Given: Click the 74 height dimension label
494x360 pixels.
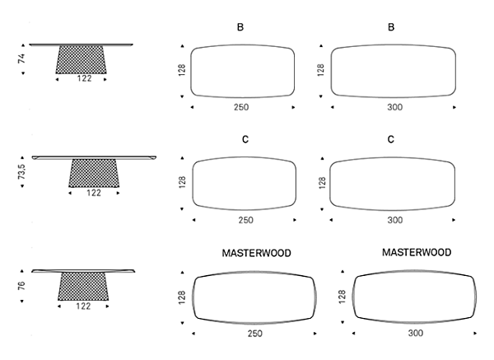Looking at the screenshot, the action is (21, 58).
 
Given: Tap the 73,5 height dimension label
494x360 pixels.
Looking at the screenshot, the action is (21, 171).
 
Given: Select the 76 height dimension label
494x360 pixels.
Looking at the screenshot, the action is (21, 286).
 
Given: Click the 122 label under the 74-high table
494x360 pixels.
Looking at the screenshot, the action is (85, 78).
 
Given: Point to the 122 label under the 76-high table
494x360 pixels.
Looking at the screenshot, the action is (83, 306).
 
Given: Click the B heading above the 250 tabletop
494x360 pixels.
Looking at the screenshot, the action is (240, 27).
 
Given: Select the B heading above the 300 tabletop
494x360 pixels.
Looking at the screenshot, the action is (391, 27).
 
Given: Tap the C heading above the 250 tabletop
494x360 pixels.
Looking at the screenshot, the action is (245, 139).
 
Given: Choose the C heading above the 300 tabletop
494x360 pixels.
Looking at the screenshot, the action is (390, 139).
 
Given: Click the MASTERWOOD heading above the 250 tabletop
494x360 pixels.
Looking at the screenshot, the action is (256, 253).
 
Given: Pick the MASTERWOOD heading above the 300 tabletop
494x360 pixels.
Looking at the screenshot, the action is (417, 252).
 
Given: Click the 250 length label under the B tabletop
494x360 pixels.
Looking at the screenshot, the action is (241, 107).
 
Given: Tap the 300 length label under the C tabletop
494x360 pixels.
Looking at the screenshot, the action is (395, 220).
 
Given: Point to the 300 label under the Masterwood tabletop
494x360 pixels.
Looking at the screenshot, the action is (416, 333).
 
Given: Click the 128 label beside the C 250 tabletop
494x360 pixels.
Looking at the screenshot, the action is (182, 182).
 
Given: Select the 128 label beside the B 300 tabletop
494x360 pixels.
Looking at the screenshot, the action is (321, 70).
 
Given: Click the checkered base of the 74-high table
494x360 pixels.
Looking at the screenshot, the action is (81, 59).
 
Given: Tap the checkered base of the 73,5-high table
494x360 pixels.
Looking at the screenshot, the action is (94, 173).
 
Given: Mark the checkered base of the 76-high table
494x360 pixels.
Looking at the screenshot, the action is (83, 286).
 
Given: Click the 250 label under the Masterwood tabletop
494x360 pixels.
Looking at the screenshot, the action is (255, 334).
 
